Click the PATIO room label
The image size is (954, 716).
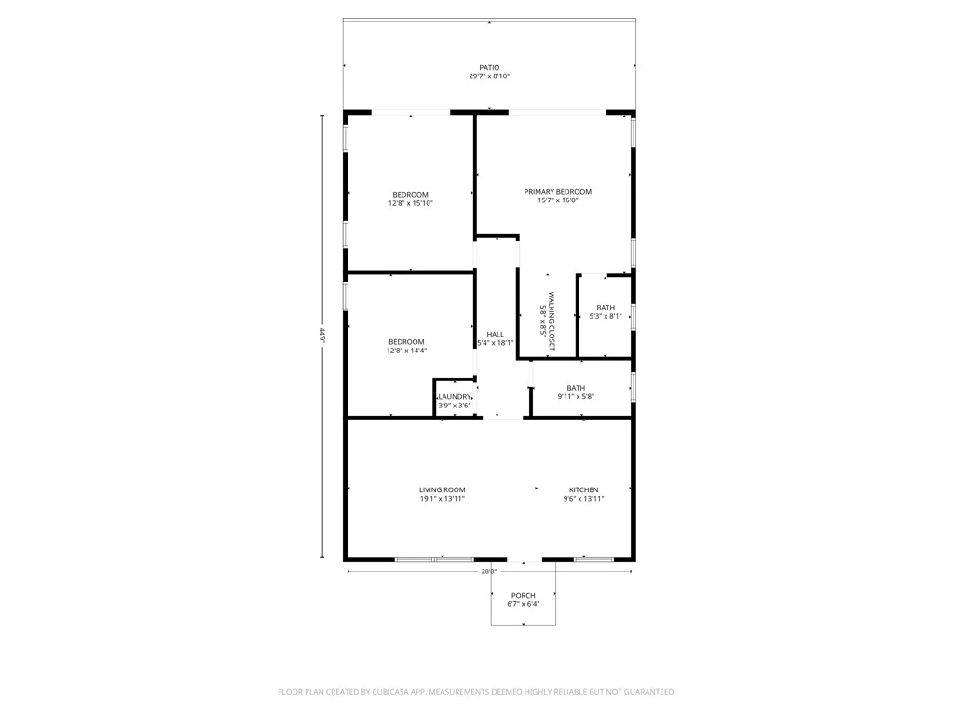[489, 67]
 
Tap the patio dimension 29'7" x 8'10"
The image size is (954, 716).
[489, 76]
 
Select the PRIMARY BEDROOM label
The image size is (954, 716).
[557, 192]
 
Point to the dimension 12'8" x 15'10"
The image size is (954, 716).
[411, 203]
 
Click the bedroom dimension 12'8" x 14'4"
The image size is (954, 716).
[406, 351]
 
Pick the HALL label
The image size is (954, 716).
[496, 335]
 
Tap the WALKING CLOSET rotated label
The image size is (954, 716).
[552, 322]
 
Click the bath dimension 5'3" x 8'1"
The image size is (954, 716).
[606, 316]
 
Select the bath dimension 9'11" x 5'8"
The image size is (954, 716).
[576, 396]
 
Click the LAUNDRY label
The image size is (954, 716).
[455, 397]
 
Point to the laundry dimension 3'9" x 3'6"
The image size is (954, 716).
[455, 406]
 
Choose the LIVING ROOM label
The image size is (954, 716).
[443, 489]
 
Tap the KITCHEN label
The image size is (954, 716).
[583, 489]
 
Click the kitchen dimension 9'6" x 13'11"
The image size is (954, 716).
[583, 499]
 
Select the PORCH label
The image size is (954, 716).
[524, 596]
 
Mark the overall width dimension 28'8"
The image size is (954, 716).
[489, 571]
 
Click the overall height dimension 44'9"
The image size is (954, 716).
[323, 336]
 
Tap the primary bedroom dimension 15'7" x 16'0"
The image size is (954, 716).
[557, 200]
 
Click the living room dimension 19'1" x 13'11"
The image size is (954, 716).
[443, 499]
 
